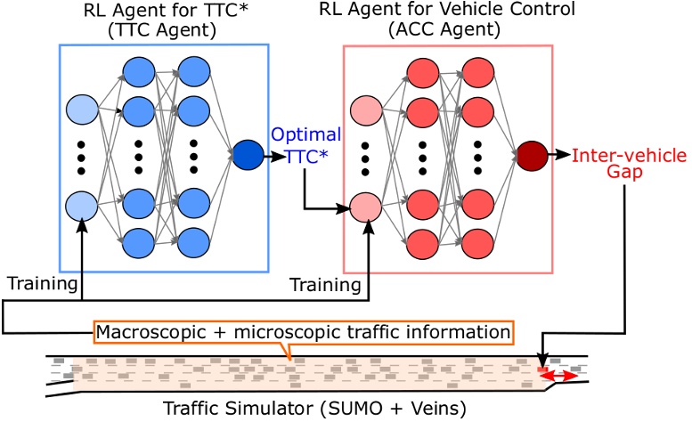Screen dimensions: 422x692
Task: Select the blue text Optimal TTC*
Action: point(305,145)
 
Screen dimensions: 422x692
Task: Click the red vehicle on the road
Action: point(542,369)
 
